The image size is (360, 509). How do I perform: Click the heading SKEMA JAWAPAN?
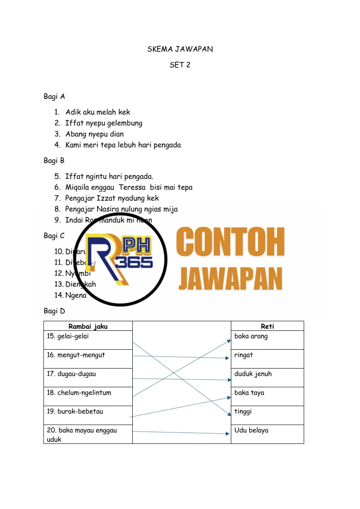(x=180, y=49)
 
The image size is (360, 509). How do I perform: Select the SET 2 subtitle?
(x=180, y=65)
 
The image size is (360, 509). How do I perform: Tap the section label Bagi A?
(x=54, y=96)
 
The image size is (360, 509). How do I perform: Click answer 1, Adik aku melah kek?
(x=98, y=112)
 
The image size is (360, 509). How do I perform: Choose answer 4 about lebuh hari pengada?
(x=123, y=145)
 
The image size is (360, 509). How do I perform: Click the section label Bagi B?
(x=54, y=160)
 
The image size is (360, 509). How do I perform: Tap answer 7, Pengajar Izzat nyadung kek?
(x=112, y=198)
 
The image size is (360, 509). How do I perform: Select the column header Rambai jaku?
(x=88, y=326)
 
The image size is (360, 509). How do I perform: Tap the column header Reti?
(x=267, y=326)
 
